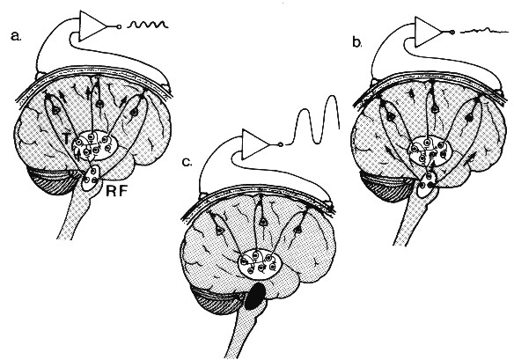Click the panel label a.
click(x=16, y=36)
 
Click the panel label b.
click(x=357, y=42)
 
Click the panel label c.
click(x=187, y=162)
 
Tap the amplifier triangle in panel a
click(x=93, y=26)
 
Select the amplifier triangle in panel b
click(x=428, y=32)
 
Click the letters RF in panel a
click(x=116, y=191)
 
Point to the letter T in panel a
click(x=67, y=139)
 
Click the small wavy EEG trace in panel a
click(x=148, y=25)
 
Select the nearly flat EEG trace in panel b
click(x=482, y=31)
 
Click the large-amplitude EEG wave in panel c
click(x=313, y=120)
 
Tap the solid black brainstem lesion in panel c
click(x=256, y=297)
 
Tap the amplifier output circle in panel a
click(x=119, y=26)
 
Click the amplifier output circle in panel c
click(x=280, y=144)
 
